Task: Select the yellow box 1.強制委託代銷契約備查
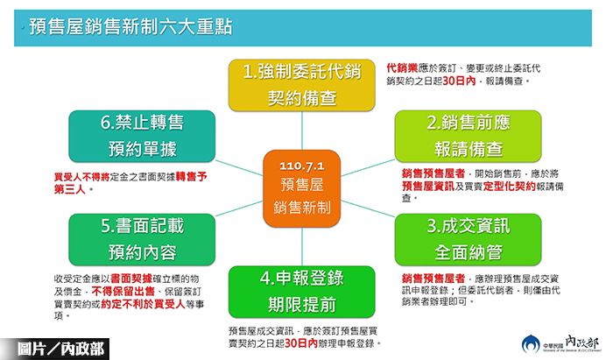(x=302, y=85)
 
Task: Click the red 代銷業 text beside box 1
(x=404, y=67)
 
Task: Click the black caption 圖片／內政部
(x=54, y=348)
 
